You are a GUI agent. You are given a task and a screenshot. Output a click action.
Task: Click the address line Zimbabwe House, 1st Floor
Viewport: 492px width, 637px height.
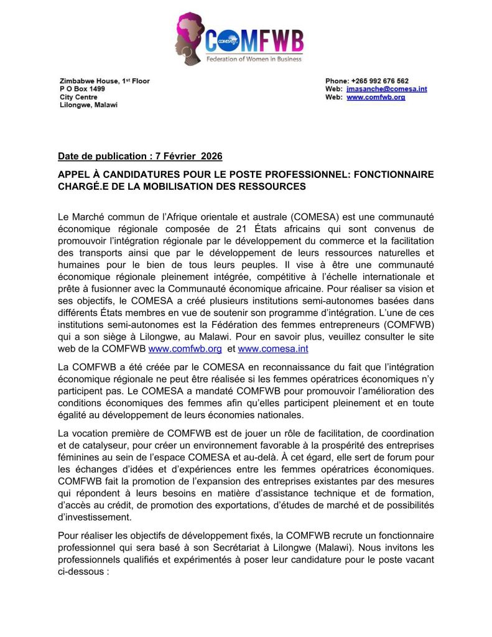104,81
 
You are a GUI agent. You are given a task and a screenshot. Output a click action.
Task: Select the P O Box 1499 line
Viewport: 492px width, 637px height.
78,90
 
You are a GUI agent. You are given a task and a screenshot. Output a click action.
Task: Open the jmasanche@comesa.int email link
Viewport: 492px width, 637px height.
386,90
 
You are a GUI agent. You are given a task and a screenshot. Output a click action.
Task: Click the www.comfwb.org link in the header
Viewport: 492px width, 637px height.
376,98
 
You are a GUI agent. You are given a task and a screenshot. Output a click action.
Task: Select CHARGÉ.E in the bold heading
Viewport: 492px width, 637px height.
84,186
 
